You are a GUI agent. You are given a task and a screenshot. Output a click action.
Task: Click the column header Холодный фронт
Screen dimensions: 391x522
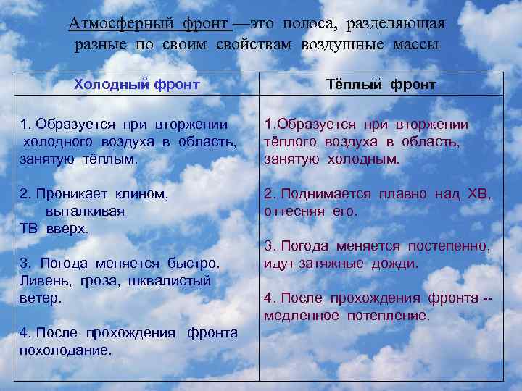136,85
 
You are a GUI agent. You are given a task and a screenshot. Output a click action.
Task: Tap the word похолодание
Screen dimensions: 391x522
66,350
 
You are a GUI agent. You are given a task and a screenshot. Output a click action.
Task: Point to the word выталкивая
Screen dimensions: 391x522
85,211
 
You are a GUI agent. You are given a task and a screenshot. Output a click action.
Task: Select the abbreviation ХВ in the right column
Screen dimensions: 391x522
478,194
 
